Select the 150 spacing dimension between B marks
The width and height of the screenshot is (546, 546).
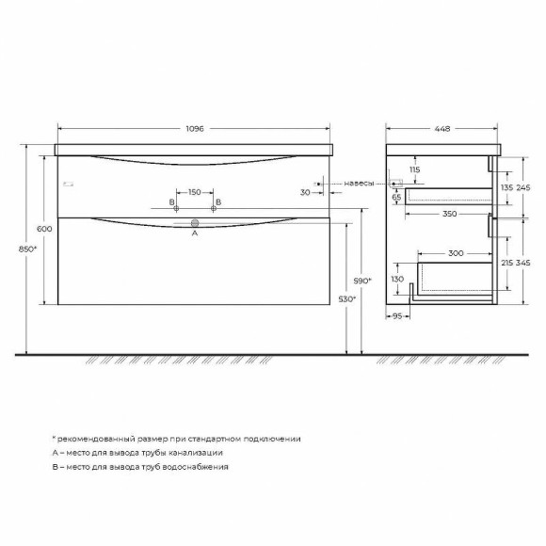(194, 192)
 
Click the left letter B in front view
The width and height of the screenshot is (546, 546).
(172, 202)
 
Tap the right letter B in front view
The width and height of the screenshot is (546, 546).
(218, 202)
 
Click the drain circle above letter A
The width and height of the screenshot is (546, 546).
(195, 224)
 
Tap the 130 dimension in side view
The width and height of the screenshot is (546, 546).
(397, 280)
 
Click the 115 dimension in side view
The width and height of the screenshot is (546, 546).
(414, 169)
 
